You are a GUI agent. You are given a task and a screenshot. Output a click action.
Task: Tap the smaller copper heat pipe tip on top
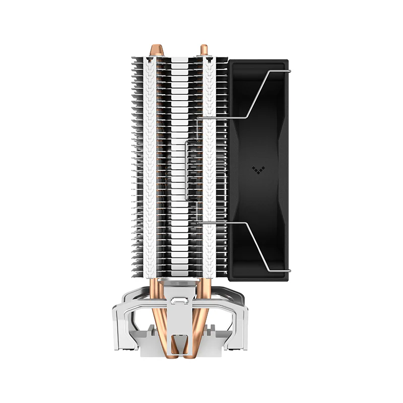click(x=204, y=50)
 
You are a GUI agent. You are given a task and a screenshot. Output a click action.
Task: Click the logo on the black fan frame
click(x=256, y=170)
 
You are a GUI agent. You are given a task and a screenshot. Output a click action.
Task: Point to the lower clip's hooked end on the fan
click(x=286, y=271)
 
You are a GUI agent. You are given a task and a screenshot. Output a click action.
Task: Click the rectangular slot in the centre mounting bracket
click(x=178, y=302)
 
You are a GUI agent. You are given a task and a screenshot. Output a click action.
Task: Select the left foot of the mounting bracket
click(x=123, y=332)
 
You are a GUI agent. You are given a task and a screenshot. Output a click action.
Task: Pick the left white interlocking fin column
click(x=150, y=166)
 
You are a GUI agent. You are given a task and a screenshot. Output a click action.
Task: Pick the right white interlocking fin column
click(x=210, y=166)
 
